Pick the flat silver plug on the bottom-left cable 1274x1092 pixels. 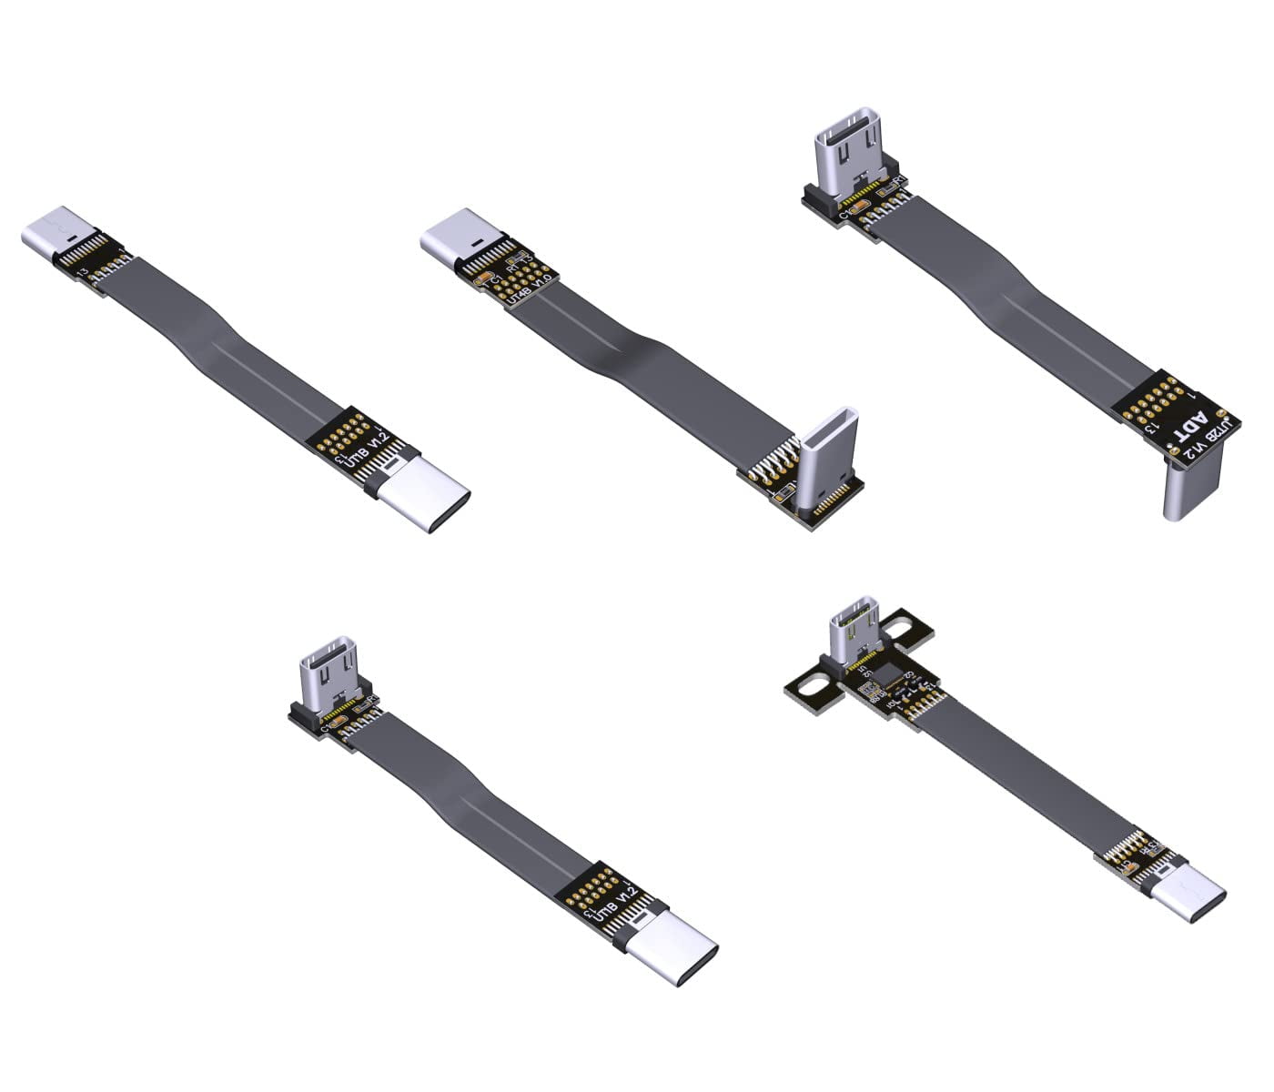[x=673, y=954]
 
